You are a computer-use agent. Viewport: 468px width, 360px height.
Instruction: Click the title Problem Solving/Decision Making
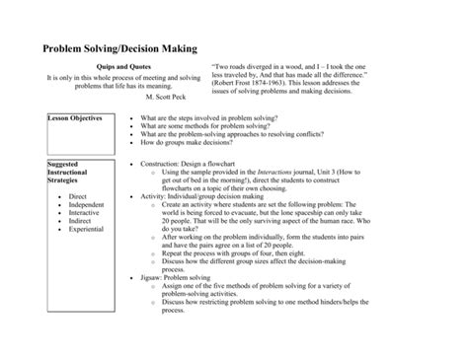click(118, 46)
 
